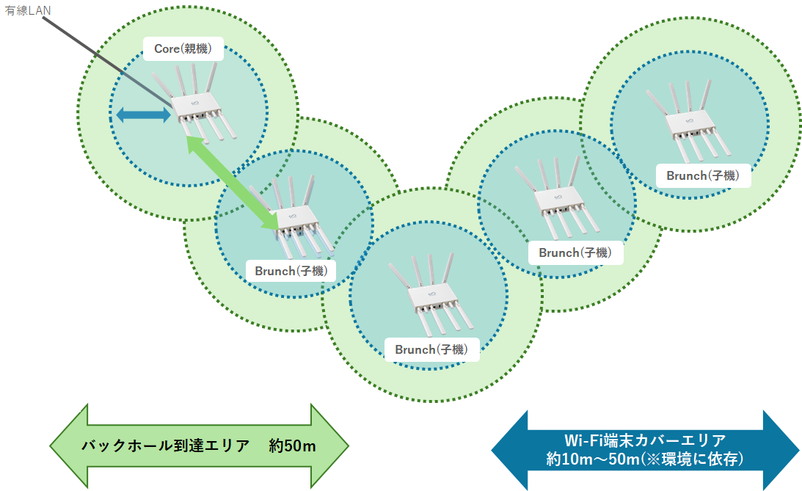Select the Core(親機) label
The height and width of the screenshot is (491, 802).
pos(183,49)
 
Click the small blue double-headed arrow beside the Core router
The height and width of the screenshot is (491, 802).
pos(143,114)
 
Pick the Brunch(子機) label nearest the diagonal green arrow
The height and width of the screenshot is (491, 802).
pos(295,270)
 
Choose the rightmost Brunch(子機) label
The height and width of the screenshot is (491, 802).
pos(702,175)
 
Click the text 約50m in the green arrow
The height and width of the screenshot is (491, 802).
pos(292,445)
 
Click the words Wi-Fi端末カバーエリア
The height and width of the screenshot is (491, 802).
pos(646,440)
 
